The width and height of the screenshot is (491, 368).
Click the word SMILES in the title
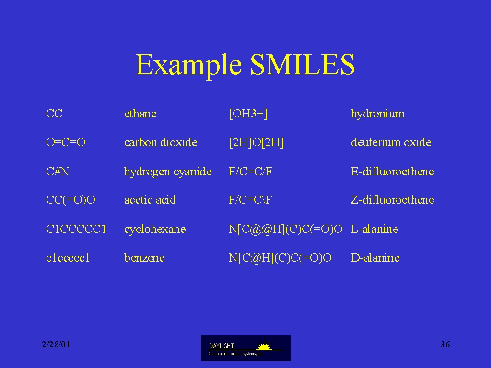point(303,64)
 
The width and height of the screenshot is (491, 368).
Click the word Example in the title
point(188,65)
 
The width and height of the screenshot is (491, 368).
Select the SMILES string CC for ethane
point(54,113)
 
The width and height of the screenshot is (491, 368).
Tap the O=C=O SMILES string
point(66,142)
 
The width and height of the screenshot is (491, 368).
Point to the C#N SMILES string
point(58,172)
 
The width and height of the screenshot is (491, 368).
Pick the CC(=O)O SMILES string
point(70,200)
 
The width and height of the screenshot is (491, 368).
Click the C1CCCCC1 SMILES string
point(76,229)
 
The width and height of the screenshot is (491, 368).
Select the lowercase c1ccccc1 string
point(68,258)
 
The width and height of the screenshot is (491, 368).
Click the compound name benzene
point(144,258)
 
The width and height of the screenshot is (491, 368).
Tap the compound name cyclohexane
point(155,230)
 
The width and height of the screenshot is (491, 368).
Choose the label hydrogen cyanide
point(168,172)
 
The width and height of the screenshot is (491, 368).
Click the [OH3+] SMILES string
point(248,114)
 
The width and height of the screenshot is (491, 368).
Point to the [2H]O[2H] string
point(256,143)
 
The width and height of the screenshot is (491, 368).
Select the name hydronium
point(378,114)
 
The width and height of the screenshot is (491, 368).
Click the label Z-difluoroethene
point(393,200)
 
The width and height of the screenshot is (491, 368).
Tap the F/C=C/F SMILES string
point(250,172)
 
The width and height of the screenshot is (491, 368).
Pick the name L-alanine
point(374,229)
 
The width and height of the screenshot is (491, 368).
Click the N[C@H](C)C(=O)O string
point(280,258)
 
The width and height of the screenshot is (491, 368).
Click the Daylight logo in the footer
point(245,348)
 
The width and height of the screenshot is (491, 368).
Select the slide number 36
point(445,345)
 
